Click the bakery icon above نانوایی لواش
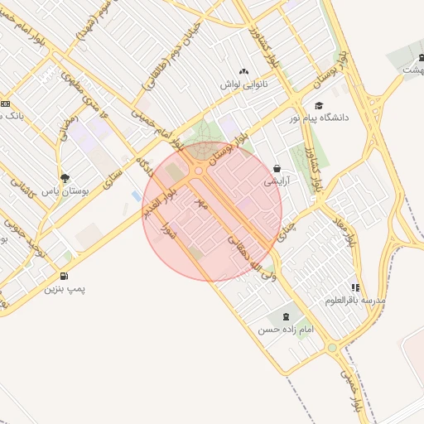coord(243,73)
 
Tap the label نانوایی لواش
coord(243,84)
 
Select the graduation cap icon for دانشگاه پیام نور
coord(319,105)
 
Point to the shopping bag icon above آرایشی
coord(277,168)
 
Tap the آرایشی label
coord(277,180)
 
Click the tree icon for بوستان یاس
coord(65,177)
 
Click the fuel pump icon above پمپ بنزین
coord(65,277)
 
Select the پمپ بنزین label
coord(65,289)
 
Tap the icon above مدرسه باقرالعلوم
coord(355,287)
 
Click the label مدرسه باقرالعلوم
coord(355,300)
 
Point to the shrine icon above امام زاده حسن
coord(286,316)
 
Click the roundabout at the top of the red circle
coord(200,171)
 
